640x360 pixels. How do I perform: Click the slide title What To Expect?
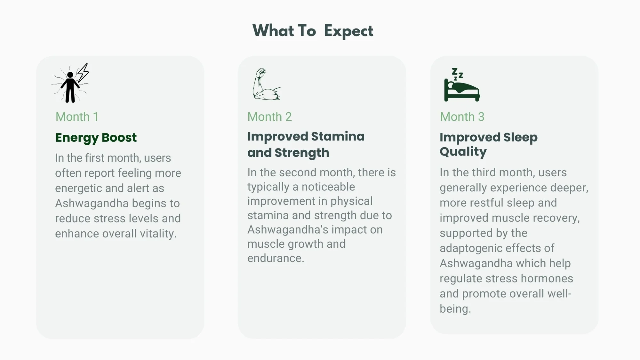click(313, 31)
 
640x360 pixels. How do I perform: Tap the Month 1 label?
click(77, 117)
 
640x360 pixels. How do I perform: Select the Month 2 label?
click(269, 117)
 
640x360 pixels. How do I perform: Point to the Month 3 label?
click(462, 117)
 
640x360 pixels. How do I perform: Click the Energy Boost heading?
click(96, 138)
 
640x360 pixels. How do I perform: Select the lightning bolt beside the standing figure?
click(83, 73)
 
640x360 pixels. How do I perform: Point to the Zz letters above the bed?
click(457, 74)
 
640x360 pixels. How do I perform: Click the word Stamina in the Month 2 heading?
click(338, 137)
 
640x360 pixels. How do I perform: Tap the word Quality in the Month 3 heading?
click(463, 152)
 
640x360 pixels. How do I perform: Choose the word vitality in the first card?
click(158, 234)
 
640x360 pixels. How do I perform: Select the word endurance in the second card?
click(276, 258)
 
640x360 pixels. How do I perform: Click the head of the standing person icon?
click(70, 75)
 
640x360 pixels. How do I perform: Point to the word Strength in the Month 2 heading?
click(302, 153)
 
